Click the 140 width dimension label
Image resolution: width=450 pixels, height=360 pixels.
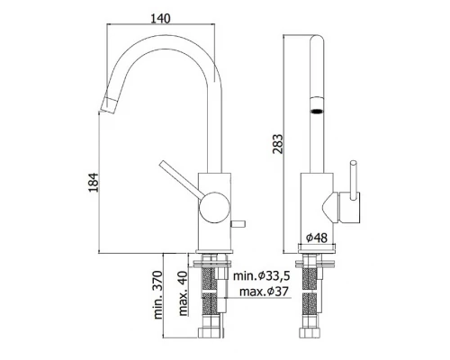[160, 18]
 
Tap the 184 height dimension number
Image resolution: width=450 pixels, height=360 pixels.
[94, 183]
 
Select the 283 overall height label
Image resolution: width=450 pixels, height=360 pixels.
[277, 144]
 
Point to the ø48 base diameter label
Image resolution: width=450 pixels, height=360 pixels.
[317, 238]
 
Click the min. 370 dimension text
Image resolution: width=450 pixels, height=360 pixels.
[157, 295]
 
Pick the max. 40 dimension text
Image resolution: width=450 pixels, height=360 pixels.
[183, 293]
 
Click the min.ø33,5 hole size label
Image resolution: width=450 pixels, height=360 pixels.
[262, 275]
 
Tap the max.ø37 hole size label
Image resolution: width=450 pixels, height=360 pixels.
[264, 291]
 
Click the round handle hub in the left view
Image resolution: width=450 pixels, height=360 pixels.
[215, 208]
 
